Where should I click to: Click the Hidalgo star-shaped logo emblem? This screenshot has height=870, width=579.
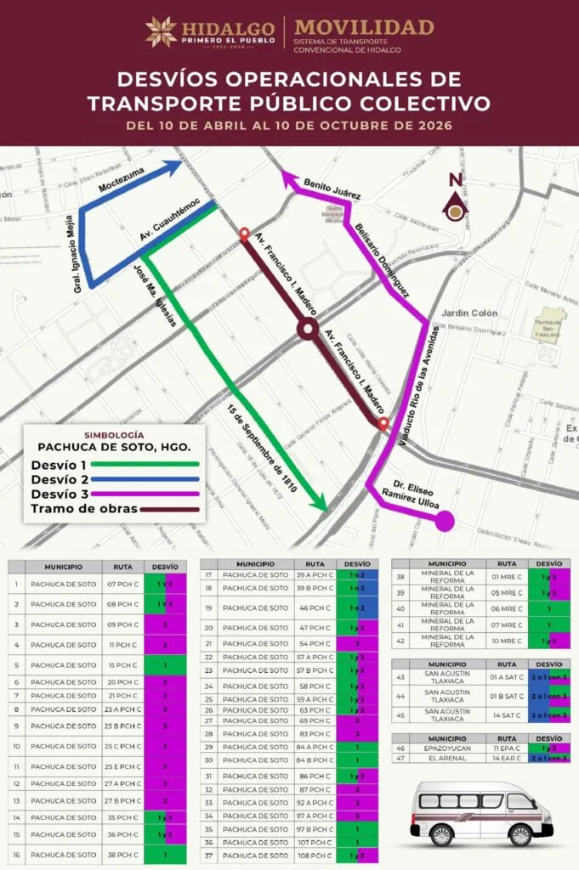click(161, 31)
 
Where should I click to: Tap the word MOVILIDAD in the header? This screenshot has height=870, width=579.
click(364, 26)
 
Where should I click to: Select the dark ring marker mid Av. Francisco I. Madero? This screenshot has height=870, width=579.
click(308, 329)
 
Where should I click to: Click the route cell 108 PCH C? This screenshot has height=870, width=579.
click(314, 856)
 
